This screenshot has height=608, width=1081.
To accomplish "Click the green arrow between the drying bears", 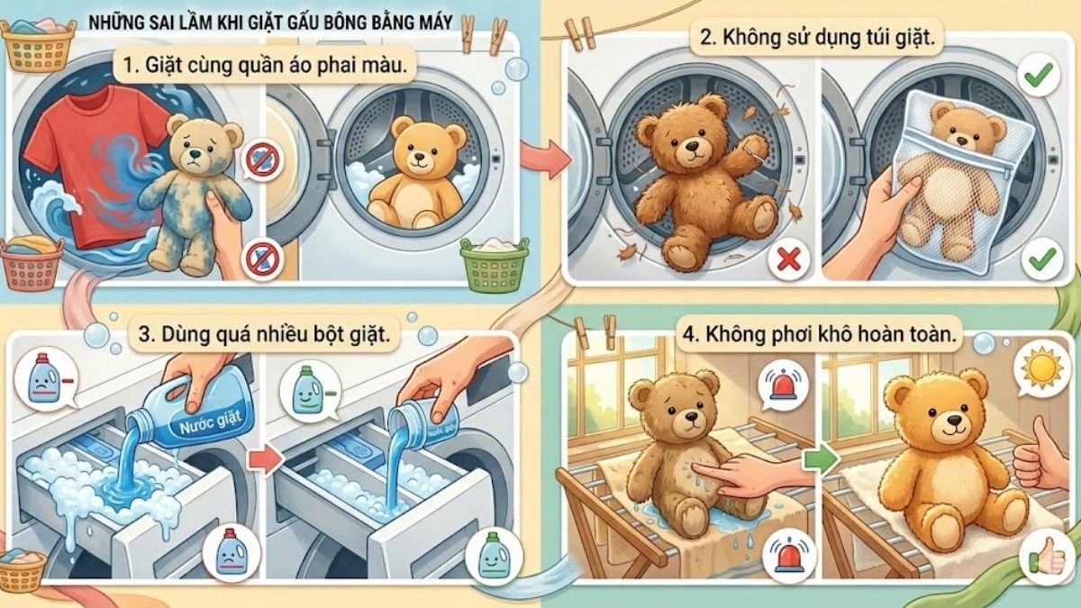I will pos(822,457).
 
